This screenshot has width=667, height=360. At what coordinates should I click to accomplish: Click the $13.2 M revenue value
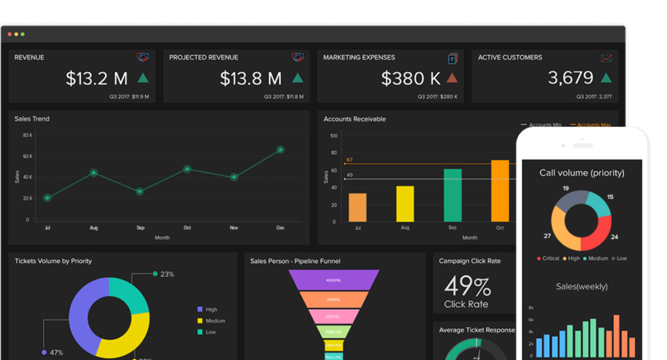(x=96, y=78)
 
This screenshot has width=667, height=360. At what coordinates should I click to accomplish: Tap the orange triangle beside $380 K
(x=452, y=78)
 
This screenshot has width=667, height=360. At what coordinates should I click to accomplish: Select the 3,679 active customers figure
(x=571, y=78)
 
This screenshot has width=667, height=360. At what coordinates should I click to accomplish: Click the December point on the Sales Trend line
(x=280, y=150)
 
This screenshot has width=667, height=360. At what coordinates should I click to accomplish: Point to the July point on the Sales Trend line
(x=47, y=198)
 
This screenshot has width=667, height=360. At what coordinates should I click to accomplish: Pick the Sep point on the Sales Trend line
(x=140, y=191)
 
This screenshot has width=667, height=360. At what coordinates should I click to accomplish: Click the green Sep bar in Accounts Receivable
(x=453, y=195)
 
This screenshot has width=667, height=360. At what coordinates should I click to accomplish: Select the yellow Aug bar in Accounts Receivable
(x=405, y=204)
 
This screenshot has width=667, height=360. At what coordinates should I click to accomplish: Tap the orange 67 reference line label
(x=349, y=160)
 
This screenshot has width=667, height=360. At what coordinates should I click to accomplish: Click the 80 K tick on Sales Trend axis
(x=28, y=135)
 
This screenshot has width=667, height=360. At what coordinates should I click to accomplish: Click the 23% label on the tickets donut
(x=166, y=274)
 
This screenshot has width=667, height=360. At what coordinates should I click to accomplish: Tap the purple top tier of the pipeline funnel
(x=333, y=280)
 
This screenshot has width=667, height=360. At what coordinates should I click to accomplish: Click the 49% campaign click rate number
(x=468, y=287)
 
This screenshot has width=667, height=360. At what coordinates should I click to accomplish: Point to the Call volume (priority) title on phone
(x=581, y=173)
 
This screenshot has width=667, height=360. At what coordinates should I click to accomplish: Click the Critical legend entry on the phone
(x=547, y=258)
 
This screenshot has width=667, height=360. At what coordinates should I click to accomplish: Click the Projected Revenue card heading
(x=203, y=57)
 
